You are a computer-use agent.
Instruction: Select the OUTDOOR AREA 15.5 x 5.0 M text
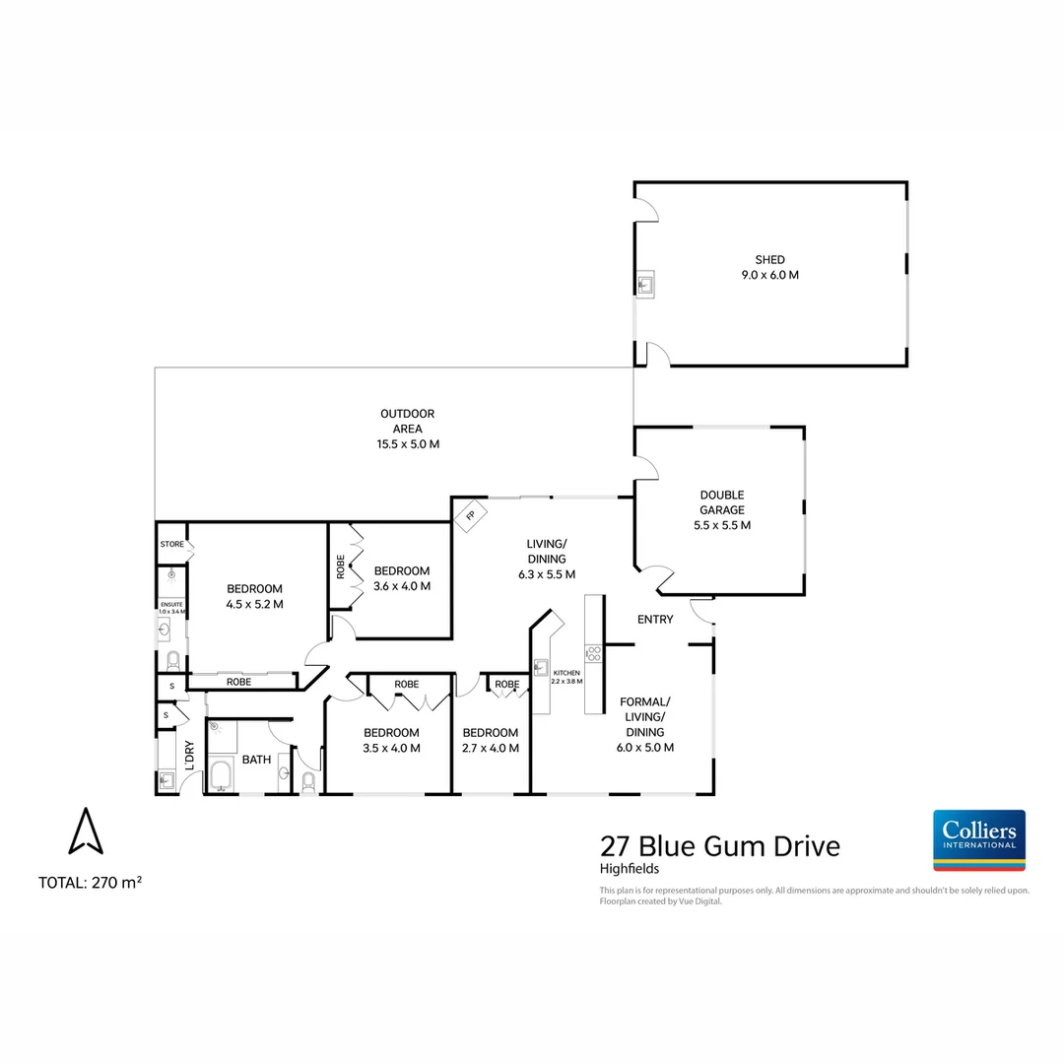tap(407, 429)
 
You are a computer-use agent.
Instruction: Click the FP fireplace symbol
tap(471, 515)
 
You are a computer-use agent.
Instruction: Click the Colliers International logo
tap(978, 839)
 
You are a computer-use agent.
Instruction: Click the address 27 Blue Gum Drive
tap(720, 845)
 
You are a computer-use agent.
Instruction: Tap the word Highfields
tap(630, 869)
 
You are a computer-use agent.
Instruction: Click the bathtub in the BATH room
tap(221, 776)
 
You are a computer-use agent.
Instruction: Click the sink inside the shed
tap(645, 285)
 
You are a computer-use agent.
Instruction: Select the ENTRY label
tap(655, 620)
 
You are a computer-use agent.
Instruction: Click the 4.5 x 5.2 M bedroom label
tap(255, 597)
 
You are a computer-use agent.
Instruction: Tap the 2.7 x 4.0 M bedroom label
tap(490, 740)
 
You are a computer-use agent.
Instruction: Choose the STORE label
tap(172, 544)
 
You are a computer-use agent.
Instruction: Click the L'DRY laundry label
tap(189, 756)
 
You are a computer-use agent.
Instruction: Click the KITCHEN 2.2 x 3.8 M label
tap(566, 676)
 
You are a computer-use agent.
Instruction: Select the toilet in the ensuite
tap(172, 658)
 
